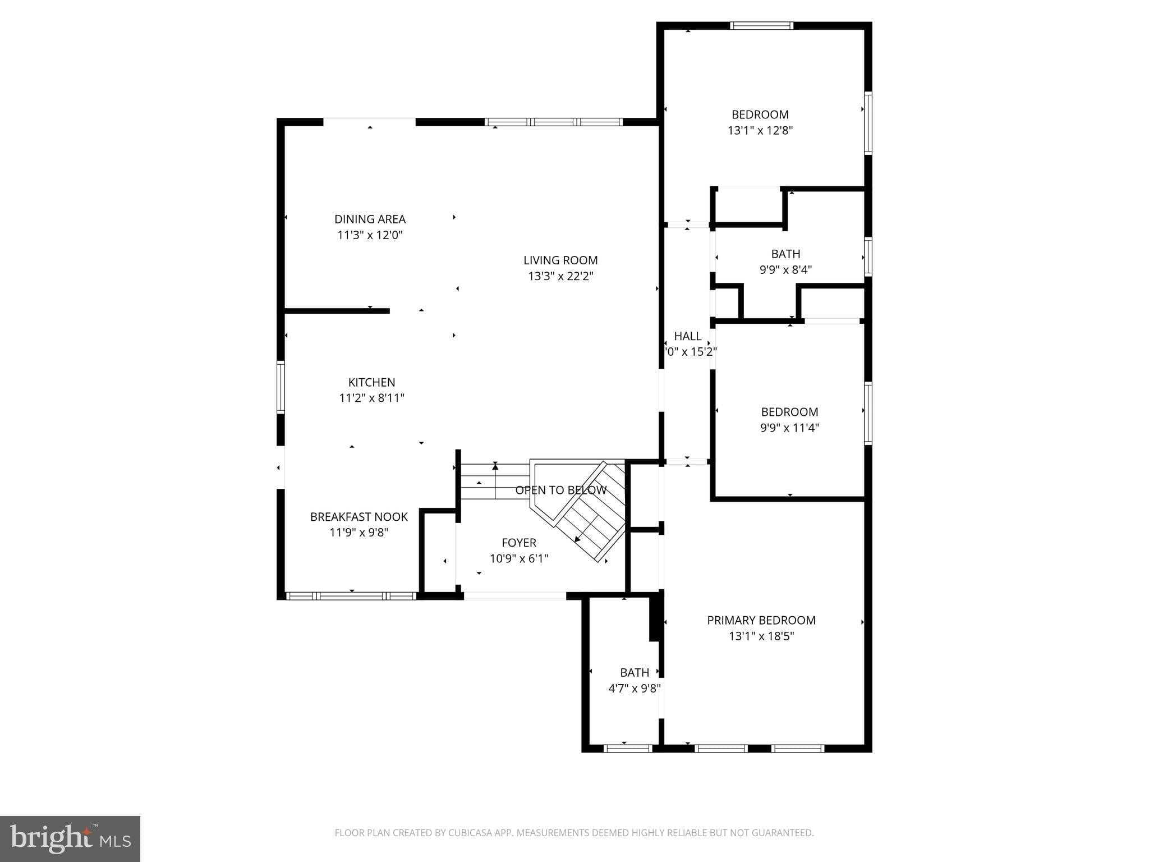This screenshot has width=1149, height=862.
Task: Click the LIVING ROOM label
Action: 560,260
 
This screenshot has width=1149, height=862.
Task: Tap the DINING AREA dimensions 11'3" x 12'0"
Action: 370,235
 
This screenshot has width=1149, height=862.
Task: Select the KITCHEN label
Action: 371,382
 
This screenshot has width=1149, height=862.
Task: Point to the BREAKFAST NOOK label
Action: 359,517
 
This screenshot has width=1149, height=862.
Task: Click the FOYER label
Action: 519,543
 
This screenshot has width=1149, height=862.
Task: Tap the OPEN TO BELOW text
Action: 560,490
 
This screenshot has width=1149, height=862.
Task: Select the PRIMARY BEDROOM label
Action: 761,620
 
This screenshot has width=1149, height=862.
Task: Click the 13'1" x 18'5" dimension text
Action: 761,636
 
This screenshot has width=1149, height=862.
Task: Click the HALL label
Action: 687,336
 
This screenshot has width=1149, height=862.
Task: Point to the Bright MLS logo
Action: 70,839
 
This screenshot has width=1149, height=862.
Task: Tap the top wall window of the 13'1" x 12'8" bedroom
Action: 761,25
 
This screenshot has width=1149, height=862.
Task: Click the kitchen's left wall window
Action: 281,388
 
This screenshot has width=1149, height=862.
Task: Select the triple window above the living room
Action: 553,122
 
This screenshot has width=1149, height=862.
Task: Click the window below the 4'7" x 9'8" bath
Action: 628,748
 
